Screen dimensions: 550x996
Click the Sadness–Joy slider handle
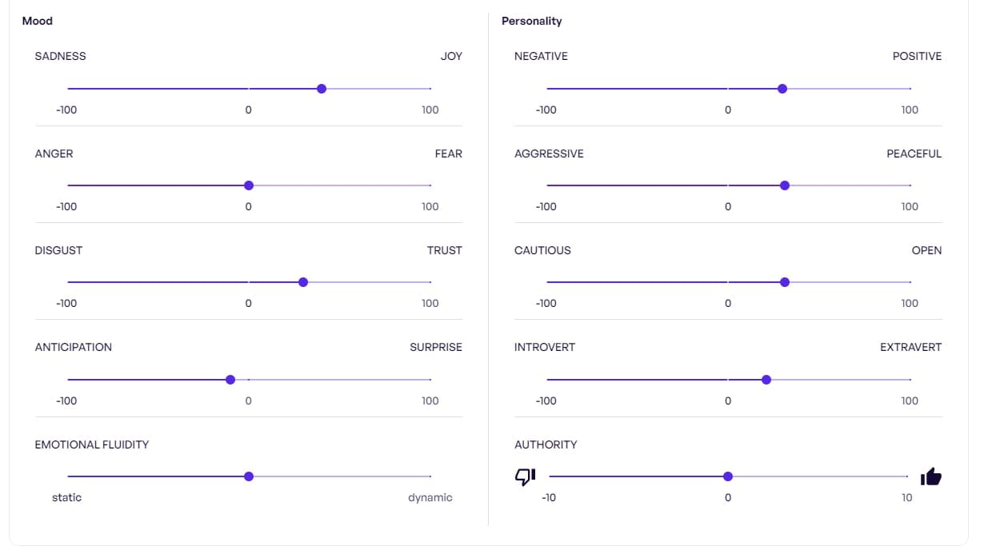tap(322, 89)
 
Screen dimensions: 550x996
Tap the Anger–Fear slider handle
tap(249, 185)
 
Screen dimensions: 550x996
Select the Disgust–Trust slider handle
tap(303, 282)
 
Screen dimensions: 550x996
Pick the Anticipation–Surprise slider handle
tap(230, 380)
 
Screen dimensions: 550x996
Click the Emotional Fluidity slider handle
tap(249, 476)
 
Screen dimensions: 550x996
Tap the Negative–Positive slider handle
tap(782, 89)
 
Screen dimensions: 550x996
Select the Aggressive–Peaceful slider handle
tap(785, 185)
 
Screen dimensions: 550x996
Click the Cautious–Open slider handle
tap(785, 282)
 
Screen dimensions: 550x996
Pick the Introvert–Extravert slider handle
tap(766, 380)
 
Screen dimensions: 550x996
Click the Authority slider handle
tap(728, 476)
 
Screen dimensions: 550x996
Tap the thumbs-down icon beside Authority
tap(525, 476)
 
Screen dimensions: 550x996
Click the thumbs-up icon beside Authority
tap(930, 477)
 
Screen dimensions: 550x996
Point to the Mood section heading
tap(38, 21)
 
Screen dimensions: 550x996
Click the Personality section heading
tap(532, 21)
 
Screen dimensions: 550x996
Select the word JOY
tap(451, 56)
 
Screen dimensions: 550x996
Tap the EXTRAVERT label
tap(910, 347)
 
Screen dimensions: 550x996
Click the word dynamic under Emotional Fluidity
tap(430, 497)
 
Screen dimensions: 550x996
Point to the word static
tap(67, 497)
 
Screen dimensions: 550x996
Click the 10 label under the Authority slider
tap(906, 497)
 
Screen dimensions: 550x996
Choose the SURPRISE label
tap(436, 347)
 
